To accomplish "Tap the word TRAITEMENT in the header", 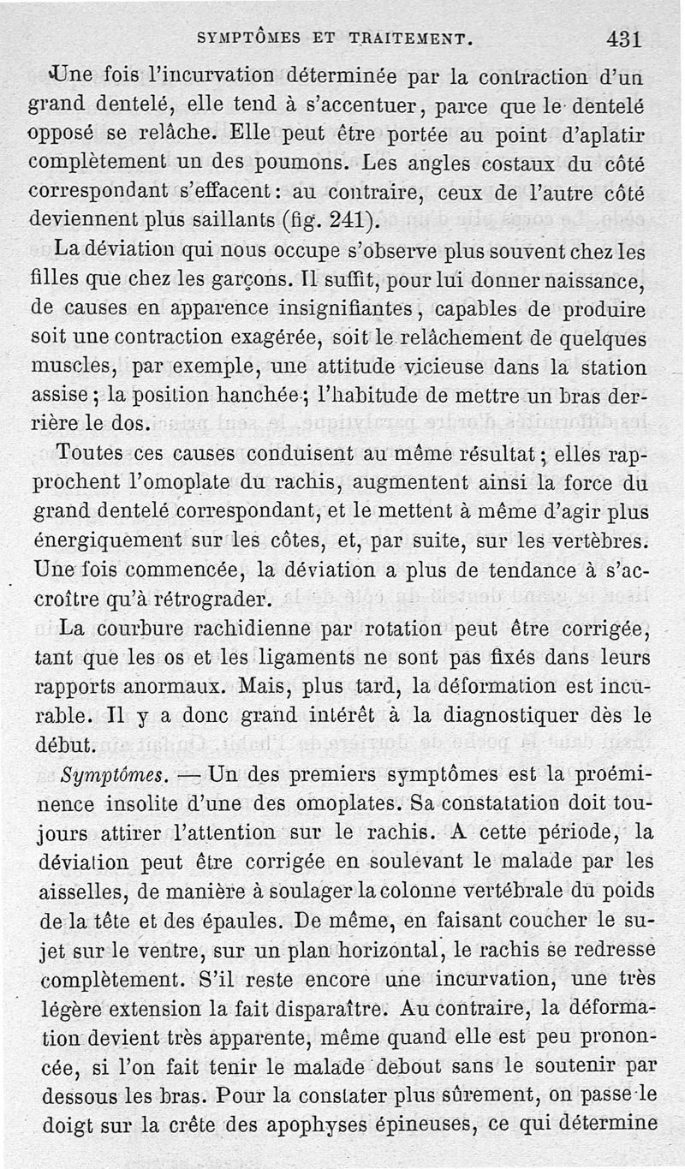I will coord(402,39).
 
